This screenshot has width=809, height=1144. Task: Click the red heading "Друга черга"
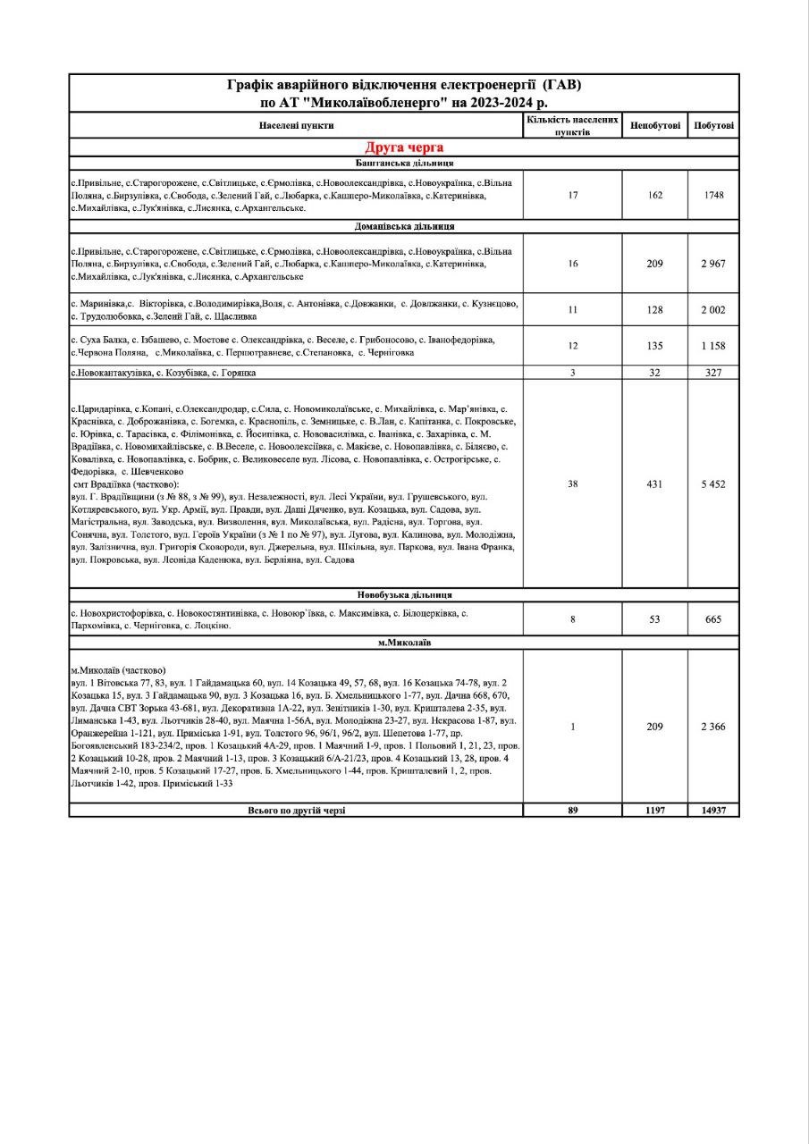pyautogui.click(x=403, y=147)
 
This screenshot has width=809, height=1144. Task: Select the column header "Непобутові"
pyautogui.click(x=655, y=125)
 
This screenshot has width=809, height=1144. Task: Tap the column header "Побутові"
pyautogui.click(x=713, y=125)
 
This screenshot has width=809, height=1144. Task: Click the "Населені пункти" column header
pyautogui.click(x=297, y=126)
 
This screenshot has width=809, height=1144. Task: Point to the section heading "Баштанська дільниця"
pyautogui.click(x=404, y=164)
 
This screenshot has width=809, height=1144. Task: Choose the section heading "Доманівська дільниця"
pyautogui.click(x=404, y=226)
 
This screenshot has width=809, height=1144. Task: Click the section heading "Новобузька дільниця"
pyautogui.click(x=404, y=594)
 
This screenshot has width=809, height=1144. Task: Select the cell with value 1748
pyautogui.click(x=713, y=195)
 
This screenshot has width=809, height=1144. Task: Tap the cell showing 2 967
pyautogui.click(x=713, y=264)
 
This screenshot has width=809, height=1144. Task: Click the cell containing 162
pyautogui.click(x=655, y=195)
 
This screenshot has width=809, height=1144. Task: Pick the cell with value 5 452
pyautogui.click(x=713, y=484)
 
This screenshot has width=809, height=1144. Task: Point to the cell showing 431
pyautogui.click(x=655, y=484)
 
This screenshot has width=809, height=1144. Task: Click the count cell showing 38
pyautogui.click(x=573, y=484)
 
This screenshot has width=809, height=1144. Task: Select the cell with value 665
pyautogui.click(x=713, y=618)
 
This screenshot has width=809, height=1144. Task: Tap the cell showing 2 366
pyautogui.click(x=713, y=727)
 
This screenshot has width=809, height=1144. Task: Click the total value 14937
pyautogui.click(x=713, y=811)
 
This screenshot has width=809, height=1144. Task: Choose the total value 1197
pyautogui.click(x=655, y=811)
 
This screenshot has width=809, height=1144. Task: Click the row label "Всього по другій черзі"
pyautogui.click(x=297, y=811)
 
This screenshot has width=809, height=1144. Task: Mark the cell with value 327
pyautogui.click(x=713, y=373)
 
